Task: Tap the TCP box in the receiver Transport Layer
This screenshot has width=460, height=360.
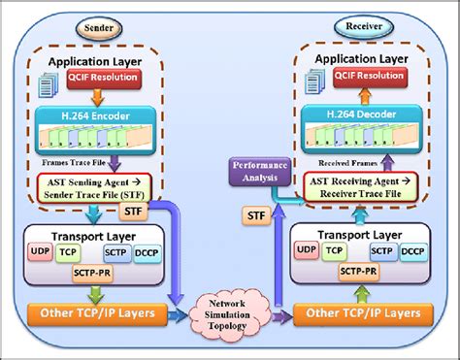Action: [337, 249]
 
